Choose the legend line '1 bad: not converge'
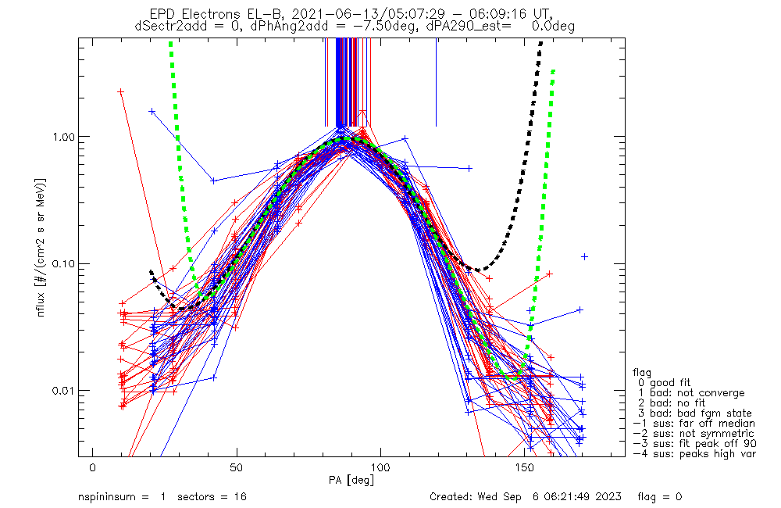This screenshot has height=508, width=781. point(688,393)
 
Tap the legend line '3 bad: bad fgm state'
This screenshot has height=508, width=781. point(691,413)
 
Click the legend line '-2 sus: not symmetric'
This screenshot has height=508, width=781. point(692,434)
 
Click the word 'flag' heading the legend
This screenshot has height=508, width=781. point(644,373)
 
